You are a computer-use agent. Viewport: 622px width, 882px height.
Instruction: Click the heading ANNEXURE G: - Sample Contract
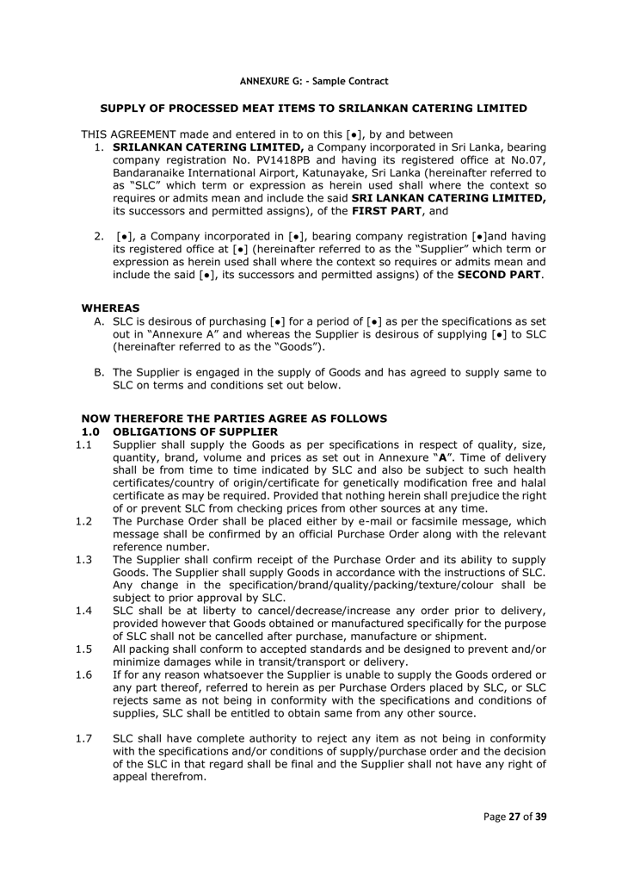[x=313, y=81]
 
